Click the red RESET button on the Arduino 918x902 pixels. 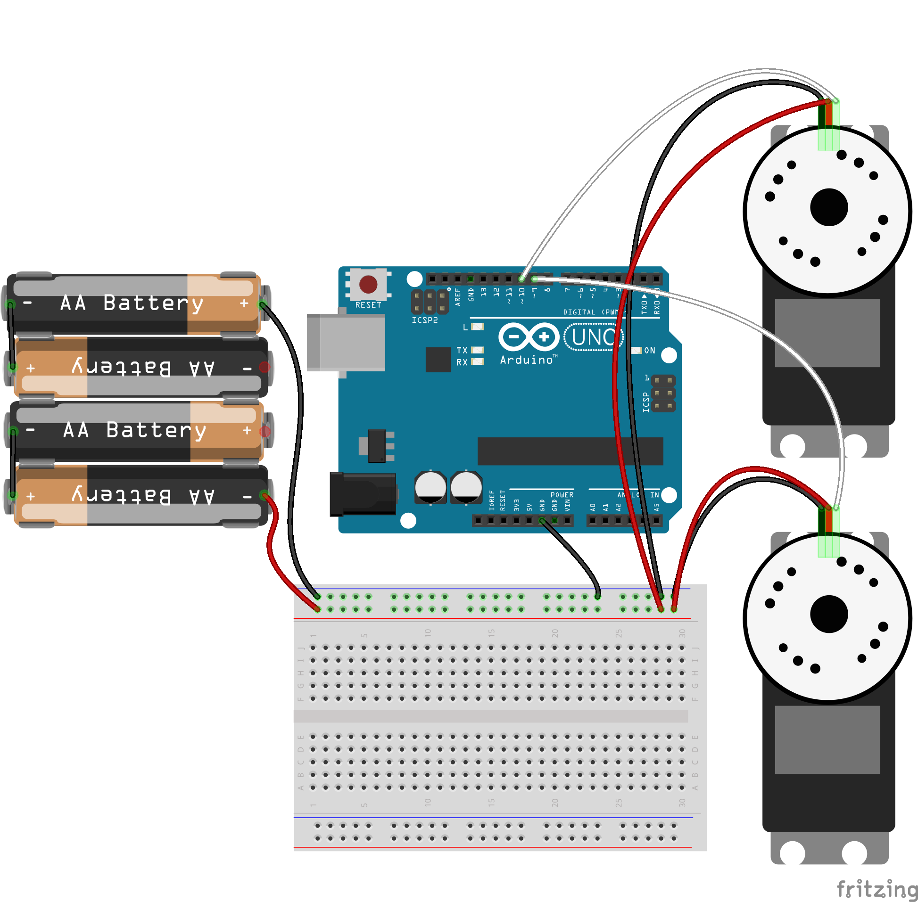tap(368, 285)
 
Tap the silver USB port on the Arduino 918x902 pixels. tap(346, 342)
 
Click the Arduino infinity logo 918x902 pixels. tap(529, 337)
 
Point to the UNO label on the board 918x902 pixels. tap(594, 337)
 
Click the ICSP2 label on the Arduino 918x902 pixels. tap(425, 321)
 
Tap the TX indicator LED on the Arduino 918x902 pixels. tap(478, 350)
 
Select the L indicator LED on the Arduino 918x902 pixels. tap(478, 327)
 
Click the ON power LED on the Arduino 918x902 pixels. tap(637, 351)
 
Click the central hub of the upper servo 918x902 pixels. tap(829, 207)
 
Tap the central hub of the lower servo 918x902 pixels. tap(829, 615)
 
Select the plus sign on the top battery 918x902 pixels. tap(244, 303)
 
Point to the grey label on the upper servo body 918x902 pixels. tap(827, 333)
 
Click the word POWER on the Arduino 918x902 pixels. tap(562, 495)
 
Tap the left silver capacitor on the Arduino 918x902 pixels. tap(430, 487)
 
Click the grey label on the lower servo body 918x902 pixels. tap(827, 739)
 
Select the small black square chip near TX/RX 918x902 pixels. tap(438, 360)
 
